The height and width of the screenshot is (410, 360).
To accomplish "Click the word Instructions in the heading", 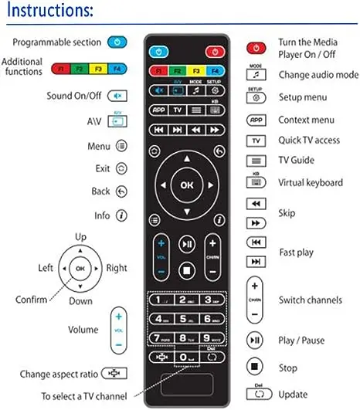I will (x=50, y=12).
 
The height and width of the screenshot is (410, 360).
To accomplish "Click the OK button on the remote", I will (x=186, y=185).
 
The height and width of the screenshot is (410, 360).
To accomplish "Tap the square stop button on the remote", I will (x=186, y=270).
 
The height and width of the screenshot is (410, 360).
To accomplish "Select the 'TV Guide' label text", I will (x=296, y=161).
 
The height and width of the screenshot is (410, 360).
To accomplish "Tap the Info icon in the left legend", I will (x=121, y=215).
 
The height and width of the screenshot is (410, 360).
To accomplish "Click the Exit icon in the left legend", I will (x=121, y=168).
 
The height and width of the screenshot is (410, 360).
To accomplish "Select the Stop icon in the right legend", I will (x=256, y=368).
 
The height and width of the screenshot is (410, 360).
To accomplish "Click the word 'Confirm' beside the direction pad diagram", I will (x=32, y=300).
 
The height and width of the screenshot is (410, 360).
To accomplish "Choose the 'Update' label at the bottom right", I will (x=293, y=395).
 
